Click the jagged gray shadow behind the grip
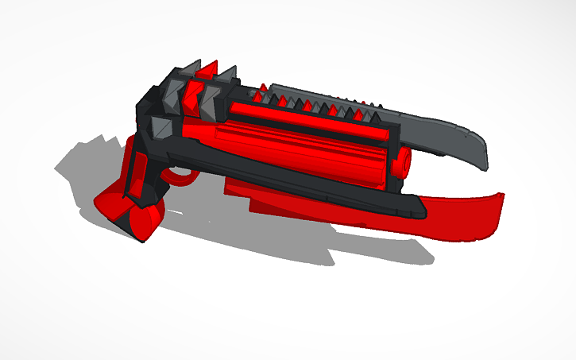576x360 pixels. (87, 159)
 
